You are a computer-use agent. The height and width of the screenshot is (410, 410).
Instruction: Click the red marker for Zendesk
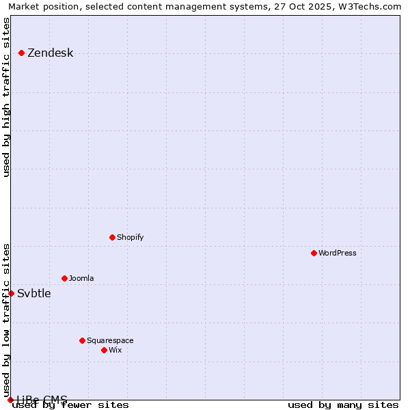point(22,53)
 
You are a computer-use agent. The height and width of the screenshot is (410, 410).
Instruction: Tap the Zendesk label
point(50,53)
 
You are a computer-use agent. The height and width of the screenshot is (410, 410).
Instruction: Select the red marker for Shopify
point(113,237)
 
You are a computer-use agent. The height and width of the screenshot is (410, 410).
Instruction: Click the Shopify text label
point(130,238)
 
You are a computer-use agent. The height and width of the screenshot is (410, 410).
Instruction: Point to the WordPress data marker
point(314,253)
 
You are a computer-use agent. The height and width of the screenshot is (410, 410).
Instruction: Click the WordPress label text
point(338,254)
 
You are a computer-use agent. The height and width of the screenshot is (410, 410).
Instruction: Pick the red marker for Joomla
point(65,278)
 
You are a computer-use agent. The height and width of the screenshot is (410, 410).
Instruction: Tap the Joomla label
point(81,279)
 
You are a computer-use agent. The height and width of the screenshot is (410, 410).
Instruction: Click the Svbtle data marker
point(12,293)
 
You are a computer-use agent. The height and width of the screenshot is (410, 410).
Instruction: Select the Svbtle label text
point(34,294)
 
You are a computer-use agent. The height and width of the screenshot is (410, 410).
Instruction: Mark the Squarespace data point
point(83,340)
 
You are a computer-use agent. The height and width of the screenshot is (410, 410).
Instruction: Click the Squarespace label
point(110,341)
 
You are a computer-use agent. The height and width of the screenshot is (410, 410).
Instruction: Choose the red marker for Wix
point(105,350)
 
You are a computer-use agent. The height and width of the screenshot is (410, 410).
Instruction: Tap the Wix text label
point(115,351)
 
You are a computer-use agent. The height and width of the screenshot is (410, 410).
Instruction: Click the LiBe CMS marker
point(11,400)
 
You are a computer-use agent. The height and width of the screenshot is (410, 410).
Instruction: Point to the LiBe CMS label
point(42,400)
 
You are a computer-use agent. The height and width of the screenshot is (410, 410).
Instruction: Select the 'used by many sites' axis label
point(343,405)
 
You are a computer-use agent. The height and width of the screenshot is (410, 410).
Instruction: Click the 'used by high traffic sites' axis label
point(7,97)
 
